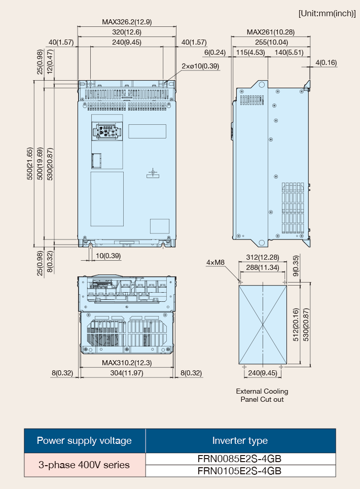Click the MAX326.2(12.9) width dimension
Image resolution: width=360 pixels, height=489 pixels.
tap(127, 22)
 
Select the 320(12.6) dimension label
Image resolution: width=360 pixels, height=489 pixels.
tap(127, 32)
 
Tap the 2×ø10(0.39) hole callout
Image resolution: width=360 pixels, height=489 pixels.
tap(200, 66)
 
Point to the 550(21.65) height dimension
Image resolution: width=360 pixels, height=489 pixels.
tap(29, 163)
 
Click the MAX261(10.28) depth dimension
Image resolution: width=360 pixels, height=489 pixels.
tap(271, 32)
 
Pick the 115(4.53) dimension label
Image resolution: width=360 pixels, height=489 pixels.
tap(250, 52)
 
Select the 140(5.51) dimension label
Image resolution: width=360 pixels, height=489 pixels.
tap(289, 52)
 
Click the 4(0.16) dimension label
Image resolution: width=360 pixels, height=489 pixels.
tap(326, 63)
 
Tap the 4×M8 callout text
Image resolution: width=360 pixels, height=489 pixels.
tap(215, 263)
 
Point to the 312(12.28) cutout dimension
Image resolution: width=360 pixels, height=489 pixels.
tap(263, 257)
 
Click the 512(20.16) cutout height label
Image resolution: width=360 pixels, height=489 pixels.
tap(296, 325)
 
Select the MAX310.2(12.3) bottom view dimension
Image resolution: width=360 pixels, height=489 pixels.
tap(127, 363)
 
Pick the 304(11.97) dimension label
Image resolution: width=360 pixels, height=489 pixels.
tap(127, 373)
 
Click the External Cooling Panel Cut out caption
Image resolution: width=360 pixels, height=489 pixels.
tap(262, 395)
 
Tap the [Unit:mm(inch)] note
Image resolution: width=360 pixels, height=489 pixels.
tap(327, 14)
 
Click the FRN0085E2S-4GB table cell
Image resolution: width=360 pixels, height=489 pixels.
tap(240, 459)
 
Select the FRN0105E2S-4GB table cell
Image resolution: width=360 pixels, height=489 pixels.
tap(240, 471)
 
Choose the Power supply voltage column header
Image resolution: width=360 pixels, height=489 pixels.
tap(85, 441)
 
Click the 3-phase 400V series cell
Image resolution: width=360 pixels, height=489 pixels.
tap(85, 465)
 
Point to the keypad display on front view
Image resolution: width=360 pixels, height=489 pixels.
tap(106, 131)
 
